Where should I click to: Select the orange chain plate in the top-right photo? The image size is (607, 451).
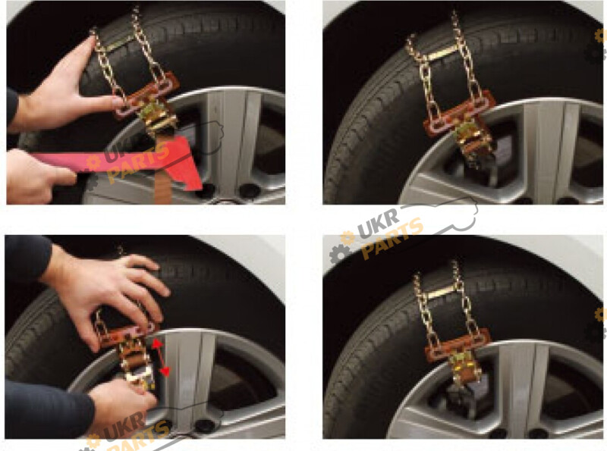point(457,112)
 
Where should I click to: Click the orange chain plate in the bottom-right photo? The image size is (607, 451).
point(458,346)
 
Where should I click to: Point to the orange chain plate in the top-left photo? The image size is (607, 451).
point(145,97)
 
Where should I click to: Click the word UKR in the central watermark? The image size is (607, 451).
point(379,224)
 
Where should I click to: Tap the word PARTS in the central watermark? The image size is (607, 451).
point(392,238)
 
